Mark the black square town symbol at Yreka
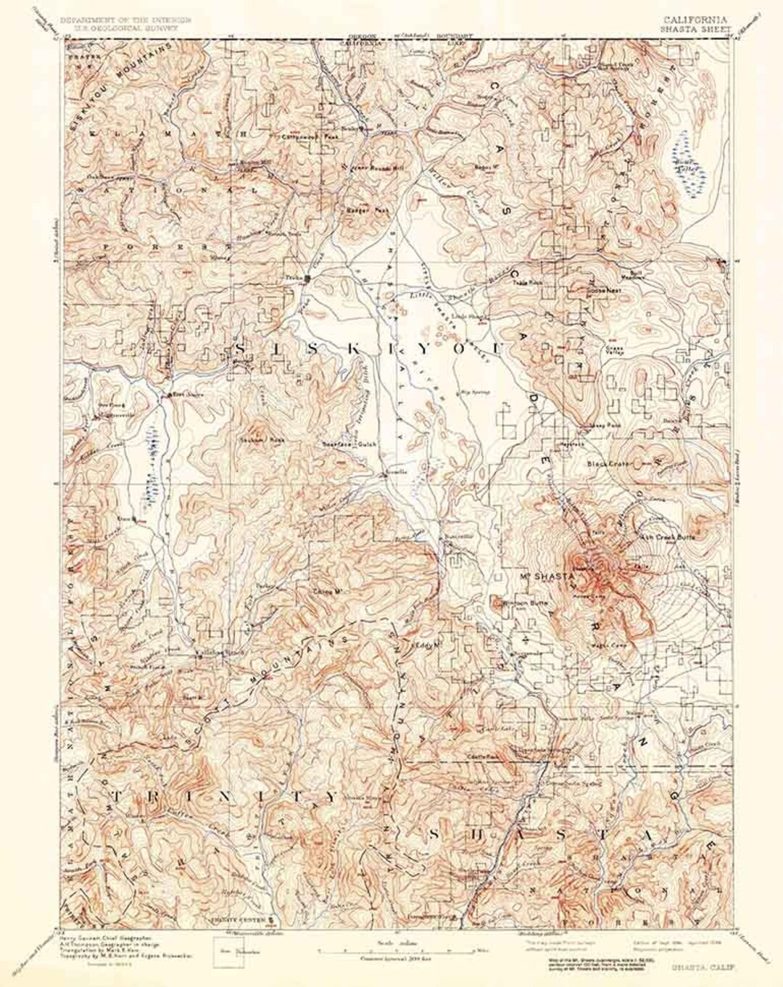[x=307, y=278]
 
